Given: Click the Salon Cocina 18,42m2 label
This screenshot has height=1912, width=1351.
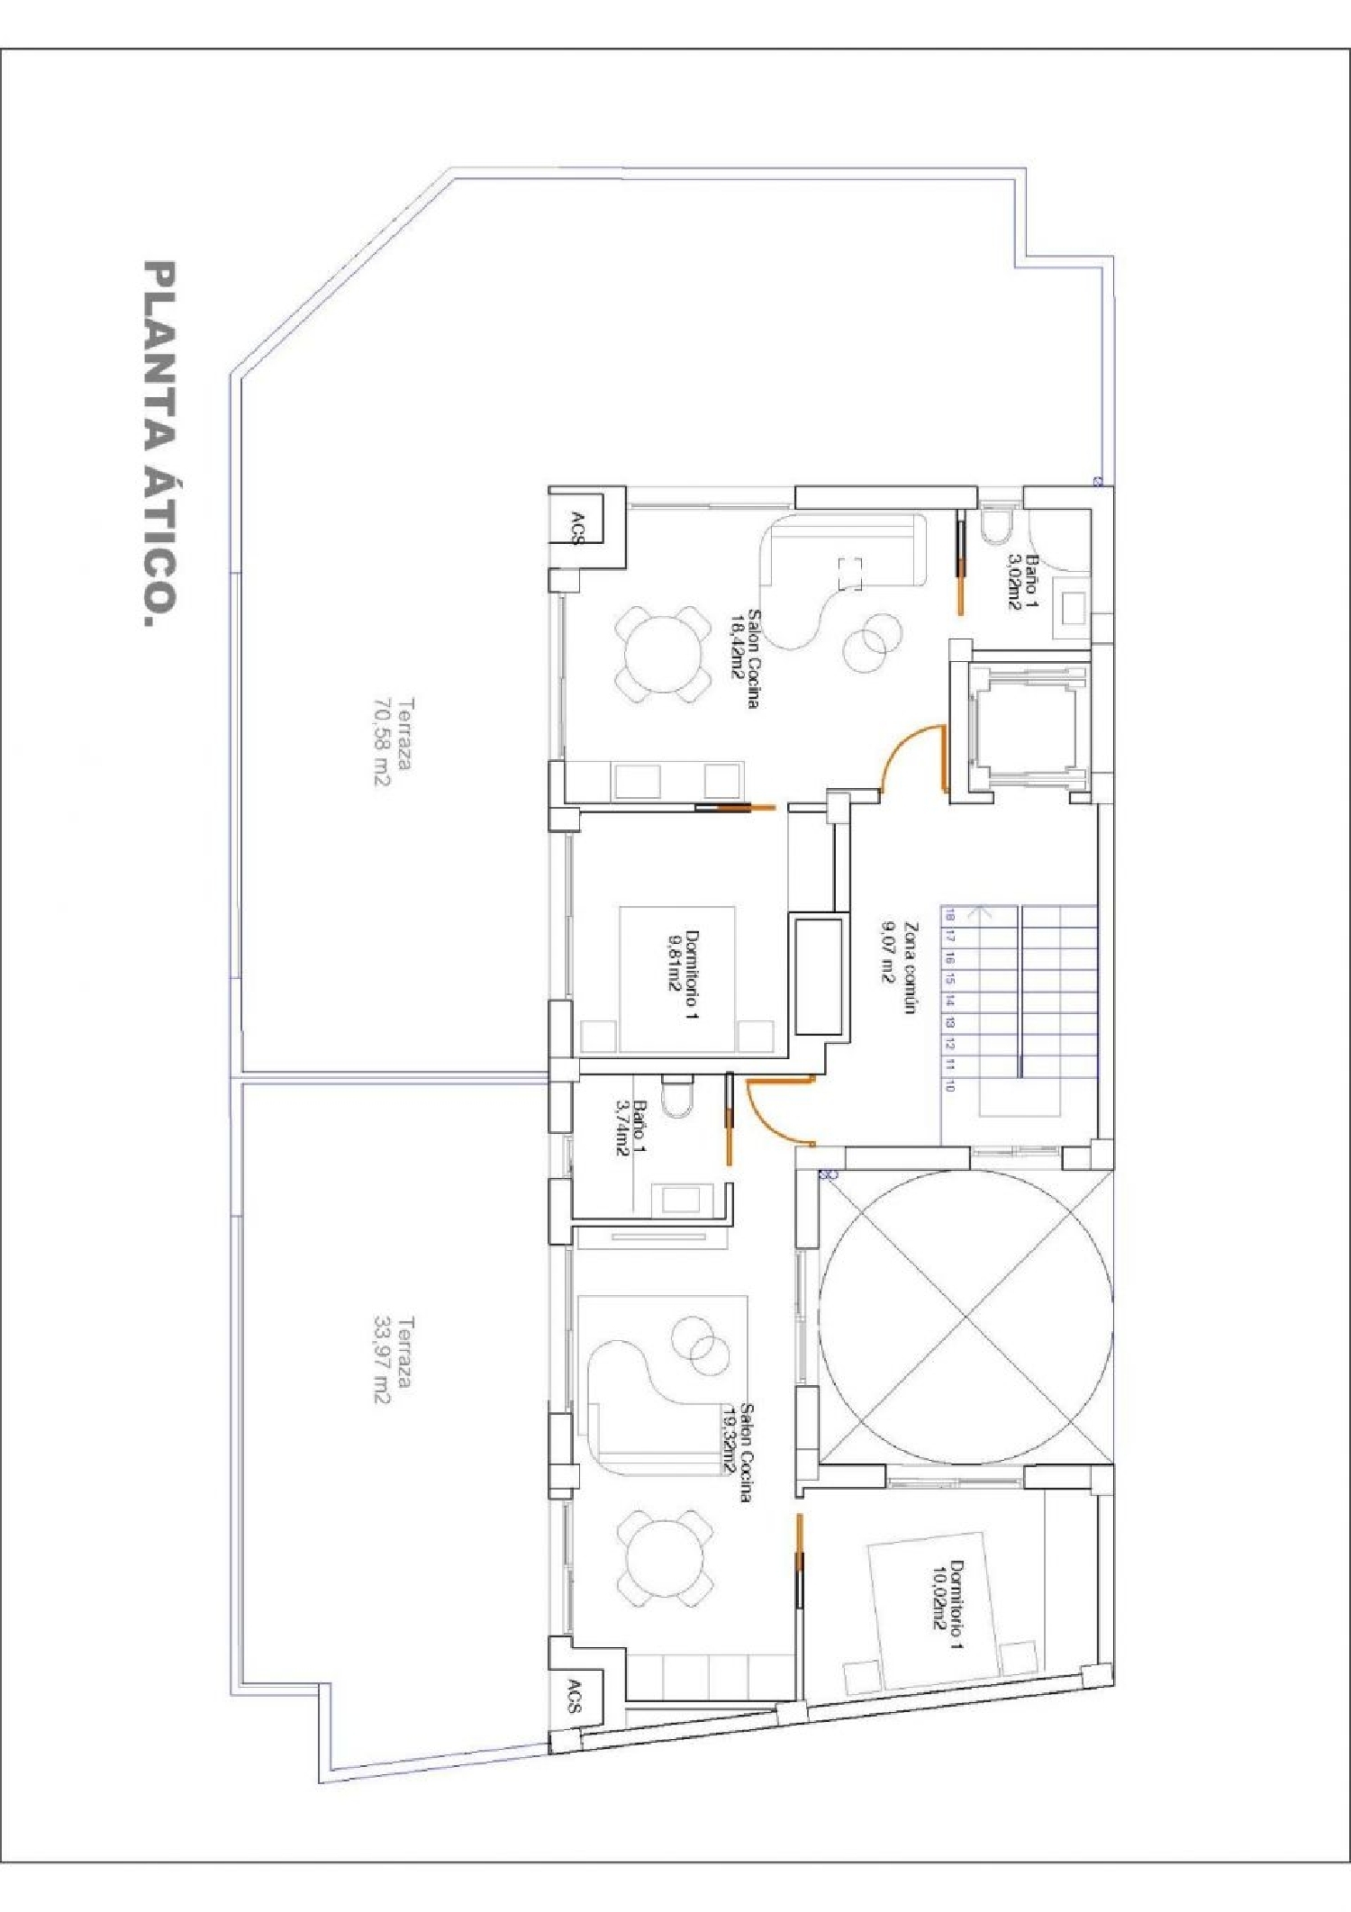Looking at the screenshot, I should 744,658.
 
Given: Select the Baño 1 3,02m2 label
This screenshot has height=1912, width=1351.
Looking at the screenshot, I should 1022,582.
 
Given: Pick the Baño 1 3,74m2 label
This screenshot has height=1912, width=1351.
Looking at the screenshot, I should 630,1126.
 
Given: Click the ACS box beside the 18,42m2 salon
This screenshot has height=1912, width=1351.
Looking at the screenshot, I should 576,528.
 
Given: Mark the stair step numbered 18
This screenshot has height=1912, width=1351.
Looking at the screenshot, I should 949,915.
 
